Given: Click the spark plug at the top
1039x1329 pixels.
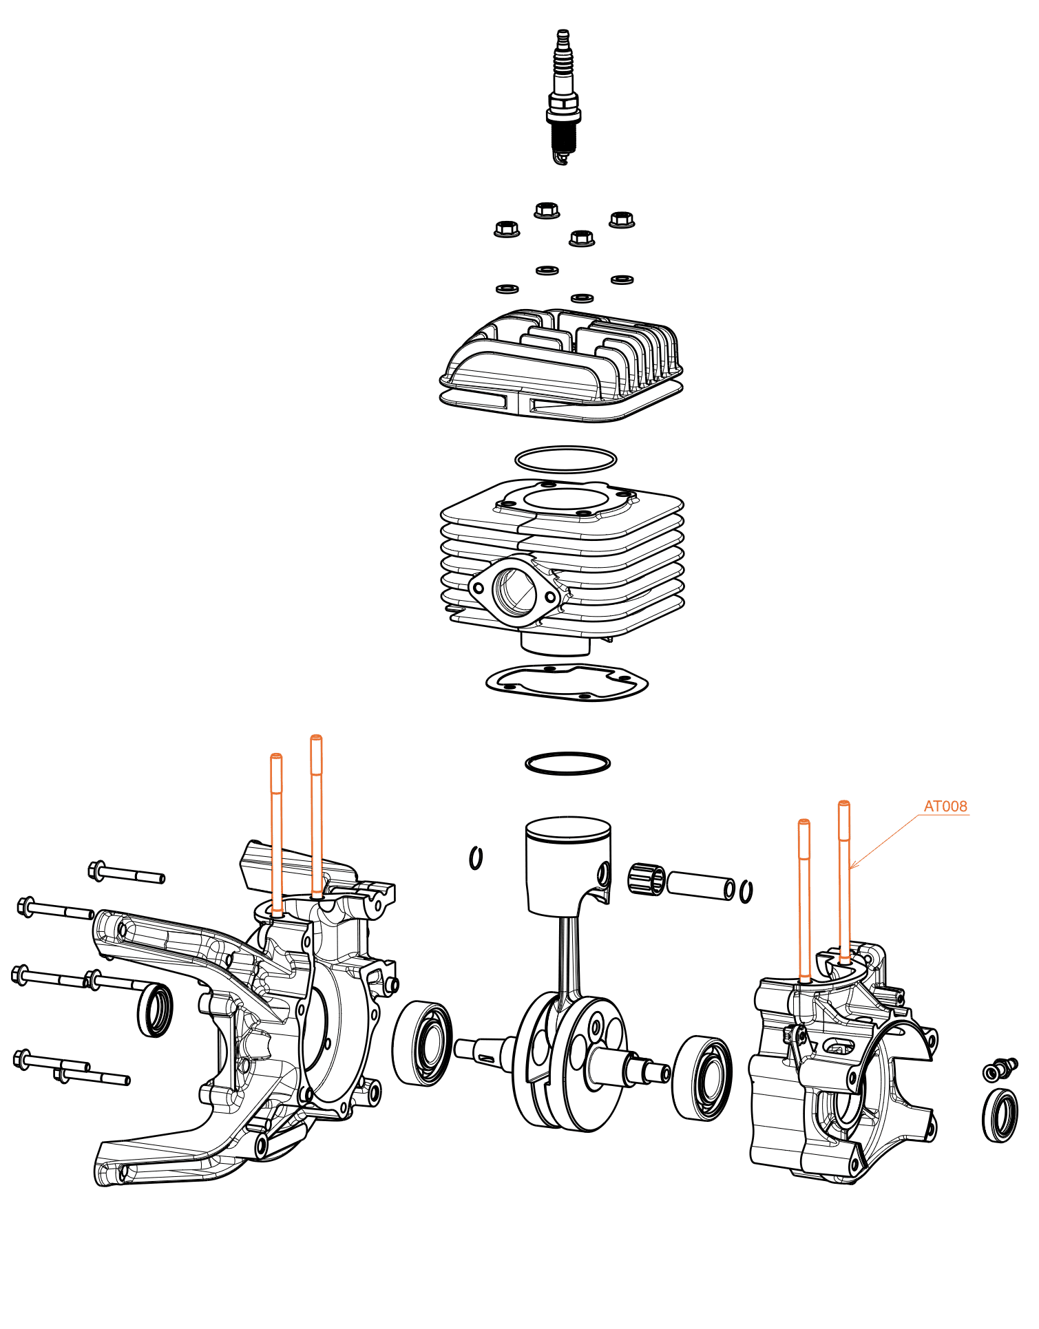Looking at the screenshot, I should click(x=563, y=96).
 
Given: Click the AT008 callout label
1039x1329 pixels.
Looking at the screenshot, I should click(x=945, y=806).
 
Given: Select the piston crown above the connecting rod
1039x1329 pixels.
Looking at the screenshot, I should click(x=568, y=829).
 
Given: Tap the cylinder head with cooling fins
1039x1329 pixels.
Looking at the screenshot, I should click(x=561, y=365).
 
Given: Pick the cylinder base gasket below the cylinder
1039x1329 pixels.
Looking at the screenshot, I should click(x=567, y=683).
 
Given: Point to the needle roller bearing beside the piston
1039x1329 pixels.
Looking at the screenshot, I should click(x=647, y=879).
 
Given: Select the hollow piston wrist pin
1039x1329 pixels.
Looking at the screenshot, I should click(x=701, y=885).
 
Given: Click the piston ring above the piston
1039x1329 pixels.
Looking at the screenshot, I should click(x=567, y=763).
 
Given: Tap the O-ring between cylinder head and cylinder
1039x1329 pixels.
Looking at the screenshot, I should click(x=565, y=459).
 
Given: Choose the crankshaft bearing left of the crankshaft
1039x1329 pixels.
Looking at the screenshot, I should click(x=422, y=1043).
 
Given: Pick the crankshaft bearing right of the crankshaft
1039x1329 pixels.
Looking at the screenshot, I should click(x=702, y=1078).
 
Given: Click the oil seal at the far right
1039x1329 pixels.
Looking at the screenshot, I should click(x=1000, y=1115).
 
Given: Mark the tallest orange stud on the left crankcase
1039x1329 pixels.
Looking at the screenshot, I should click(x=316, y=812).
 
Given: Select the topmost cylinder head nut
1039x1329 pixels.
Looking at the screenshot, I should click(x=547, y=209).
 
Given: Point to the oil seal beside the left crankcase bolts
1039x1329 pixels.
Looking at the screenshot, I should click(x=156, y=1010).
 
